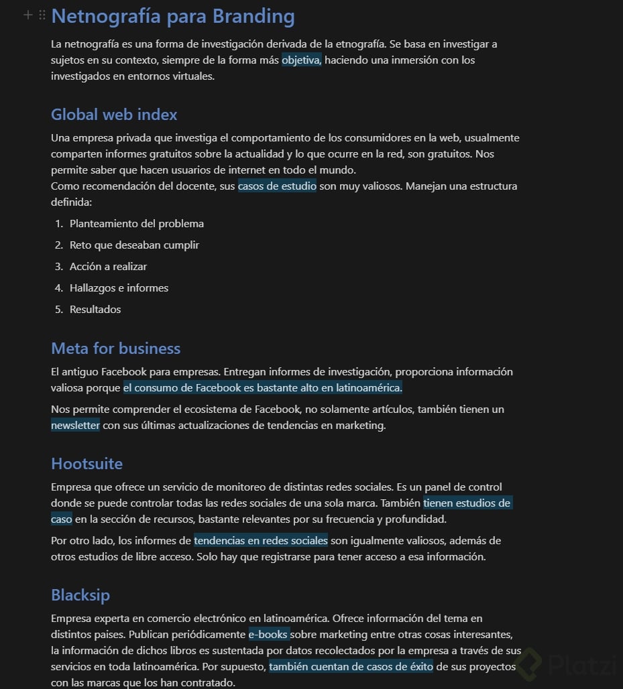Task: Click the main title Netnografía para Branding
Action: click(173, 16)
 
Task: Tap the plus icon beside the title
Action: click(28, 15)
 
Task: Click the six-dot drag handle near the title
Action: click(42, 15)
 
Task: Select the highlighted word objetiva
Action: click(302, 60)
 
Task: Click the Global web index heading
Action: click(114, 115)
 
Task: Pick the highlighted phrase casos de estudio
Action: click(277, 186)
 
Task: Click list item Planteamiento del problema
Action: click(137, 224)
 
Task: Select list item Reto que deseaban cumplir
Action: click(134, 245)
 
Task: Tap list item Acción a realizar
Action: click(108, 267)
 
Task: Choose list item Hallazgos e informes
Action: click(119, 288)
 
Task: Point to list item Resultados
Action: click(95, 310)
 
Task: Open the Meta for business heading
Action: click(116, 349)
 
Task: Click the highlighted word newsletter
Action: click(75, 426)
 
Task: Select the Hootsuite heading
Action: click(87, 464)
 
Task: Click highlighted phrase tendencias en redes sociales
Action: click(261, 541)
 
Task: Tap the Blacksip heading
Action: click(80, 595)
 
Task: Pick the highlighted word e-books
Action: click(268, 635)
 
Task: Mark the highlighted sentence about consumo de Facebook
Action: click(262, 388)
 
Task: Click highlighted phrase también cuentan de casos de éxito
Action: click(351, 667)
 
